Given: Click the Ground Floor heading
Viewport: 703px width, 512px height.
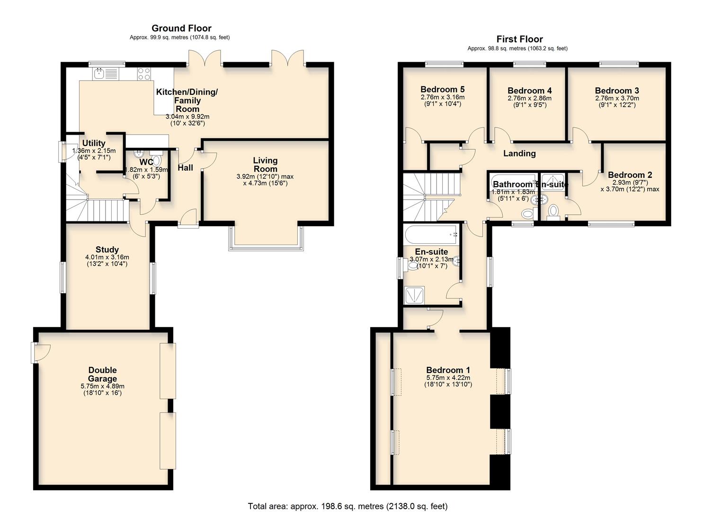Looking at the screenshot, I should pyautogui.click(x=181, y=28).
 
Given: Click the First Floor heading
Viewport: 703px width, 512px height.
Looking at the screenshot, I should pyautogui.click(x=519, y=39).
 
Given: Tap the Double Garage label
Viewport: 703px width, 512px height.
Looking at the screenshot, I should pyautogui.click(x=102, y=374).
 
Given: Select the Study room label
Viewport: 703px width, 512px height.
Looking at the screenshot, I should pyautogui.click(x=107, y=250).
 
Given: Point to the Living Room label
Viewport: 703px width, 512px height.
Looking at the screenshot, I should pyautogui.click(x=265, y=165).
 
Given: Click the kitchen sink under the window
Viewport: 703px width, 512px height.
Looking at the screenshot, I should pyautogui.click(x=99, y=73).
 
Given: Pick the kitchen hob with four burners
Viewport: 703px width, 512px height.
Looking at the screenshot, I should pyautogui.click(x=144, y=73).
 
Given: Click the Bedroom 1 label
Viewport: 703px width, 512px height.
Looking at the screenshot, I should pyautogui.click(x=448, y=370).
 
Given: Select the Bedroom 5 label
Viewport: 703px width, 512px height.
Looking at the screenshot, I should pyautogui.click(x=442, y=89).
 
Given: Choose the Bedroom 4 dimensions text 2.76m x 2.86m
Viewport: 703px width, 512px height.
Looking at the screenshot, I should pyautogui.click(x=529, y=99).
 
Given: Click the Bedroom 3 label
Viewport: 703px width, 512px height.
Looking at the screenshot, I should pyautogui.click(x=616, y=91).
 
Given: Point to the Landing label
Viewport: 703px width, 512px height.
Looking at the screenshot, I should pyautogui.click(x=519, y=154).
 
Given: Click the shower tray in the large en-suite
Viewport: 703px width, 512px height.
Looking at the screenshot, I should pyautogui.click(x=415, y=295).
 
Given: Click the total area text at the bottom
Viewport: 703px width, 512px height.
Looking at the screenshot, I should pyautogui.click(x=347, y=506).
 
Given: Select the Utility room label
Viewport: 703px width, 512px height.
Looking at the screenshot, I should pyautogui.click(x=94, y=143).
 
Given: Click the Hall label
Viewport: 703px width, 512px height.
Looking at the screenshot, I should pyautogui.click(x=185, y=168).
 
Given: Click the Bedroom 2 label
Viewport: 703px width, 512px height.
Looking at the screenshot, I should pyautogui.click(x=626, y=175).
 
